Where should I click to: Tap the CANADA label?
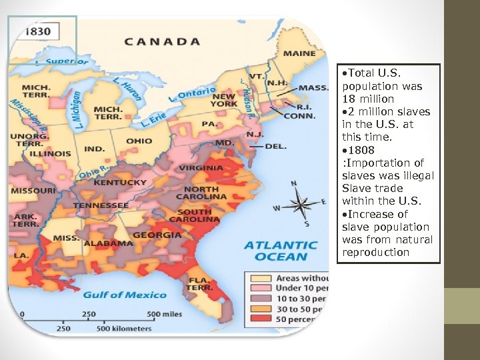162,41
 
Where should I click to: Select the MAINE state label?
300,53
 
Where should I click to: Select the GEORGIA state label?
157,235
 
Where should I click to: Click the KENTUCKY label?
120,182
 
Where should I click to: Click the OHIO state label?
139,141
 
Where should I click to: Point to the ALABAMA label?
109,243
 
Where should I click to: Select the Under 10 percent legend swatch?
260,289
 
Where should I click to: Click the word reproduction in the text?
375,252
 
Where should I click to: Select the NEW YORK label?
223,100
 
